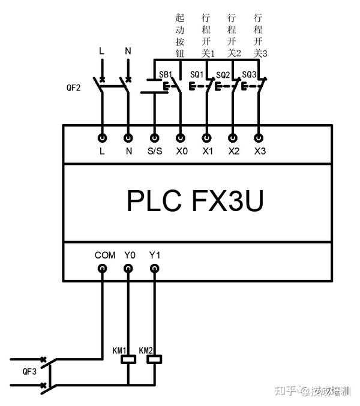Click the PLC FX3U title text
(195, 201)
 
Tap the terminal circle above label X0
(180, 138)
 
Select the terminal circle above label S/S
(155, 138)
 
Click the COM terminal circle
(103, 268)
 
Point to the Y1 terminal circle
(155, 268)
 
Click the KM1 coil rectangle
(128, 359)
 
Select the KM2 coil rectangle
(154, 359)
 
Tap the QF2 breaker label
(74, 88)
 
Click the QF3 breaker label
(29, 372)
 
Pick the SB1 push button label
(166, 74)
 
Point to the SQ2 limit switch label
(223, 75)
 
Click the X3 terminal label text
(260, 151)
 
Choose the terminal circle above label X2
(233, 138)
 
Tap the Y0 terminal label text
(130, 255)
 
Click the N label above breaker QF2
(128, 51)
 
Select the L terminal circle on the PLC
(103, 138)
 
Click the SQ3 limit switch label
(249, 74)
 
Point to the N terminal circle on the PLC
(128, 138)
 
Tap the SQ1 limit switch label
(197, 74)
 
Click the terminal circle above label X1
(206, 138)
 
